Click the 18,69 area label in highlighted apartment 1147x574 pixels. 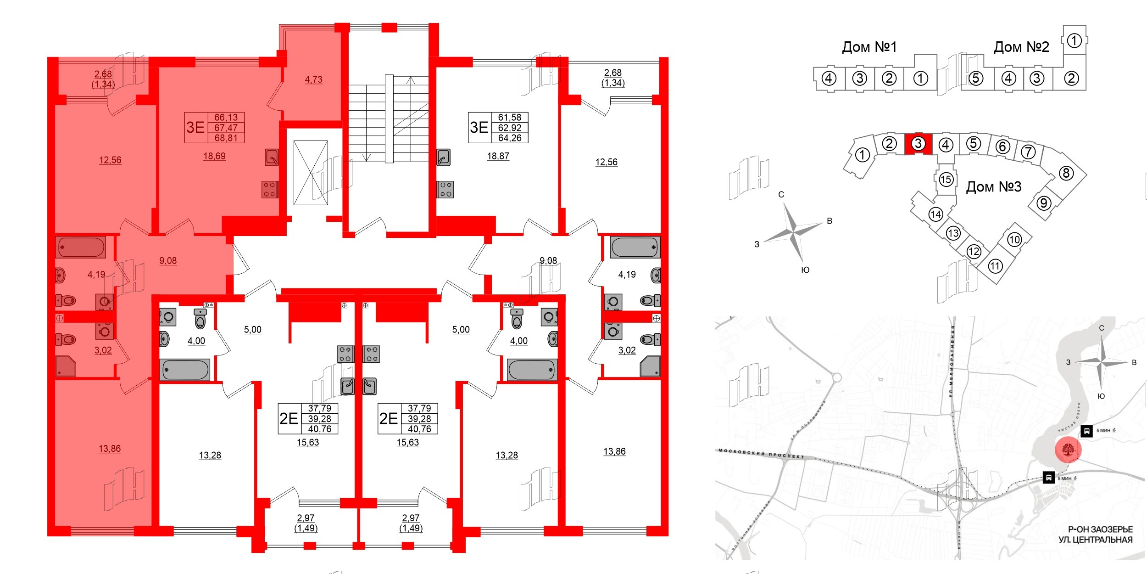[x=214, y=156]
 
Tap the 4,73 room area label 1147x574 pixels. [x=313, y=79]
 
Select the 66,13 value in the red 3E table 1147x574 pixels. [x=226, y=118]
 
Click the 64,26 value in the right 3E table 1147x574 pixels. [x=509, y=138]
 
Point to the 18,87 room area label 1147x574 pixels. [x=498, y=156]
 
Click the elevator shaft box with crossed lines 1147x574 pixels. [x=311, y=173]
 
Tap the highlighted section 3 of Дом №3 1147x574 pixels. [x=918, y=144]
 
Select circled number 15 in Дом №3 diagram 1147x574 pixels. [x=946, y=179]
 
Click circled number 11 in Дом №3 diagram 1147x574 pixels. [x=995, y=266]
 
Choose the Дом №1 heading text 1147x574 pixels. [x=869, y=47]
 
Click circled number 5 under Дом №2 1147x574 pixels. [x=975, y=79]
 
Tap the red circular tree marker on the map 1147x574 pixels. [x=1068, y=450]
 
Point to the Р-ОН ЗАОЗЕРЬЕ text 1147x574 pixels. [x=1100, y=529]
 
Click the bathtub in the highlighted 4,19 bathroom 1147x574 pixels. [x=81, y=248]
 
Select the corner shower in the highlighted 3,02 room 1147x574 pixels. [x=66, y=366]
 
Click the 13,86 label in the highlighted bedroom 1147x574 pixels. [x=110, y=449]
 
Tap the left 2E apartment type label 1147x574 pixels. [x=289, y=418]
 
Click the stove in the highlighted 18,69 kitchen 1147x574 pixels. [x=270, y=189]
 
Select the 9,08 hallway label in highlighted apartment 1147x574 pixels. [x=168, y=261]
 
